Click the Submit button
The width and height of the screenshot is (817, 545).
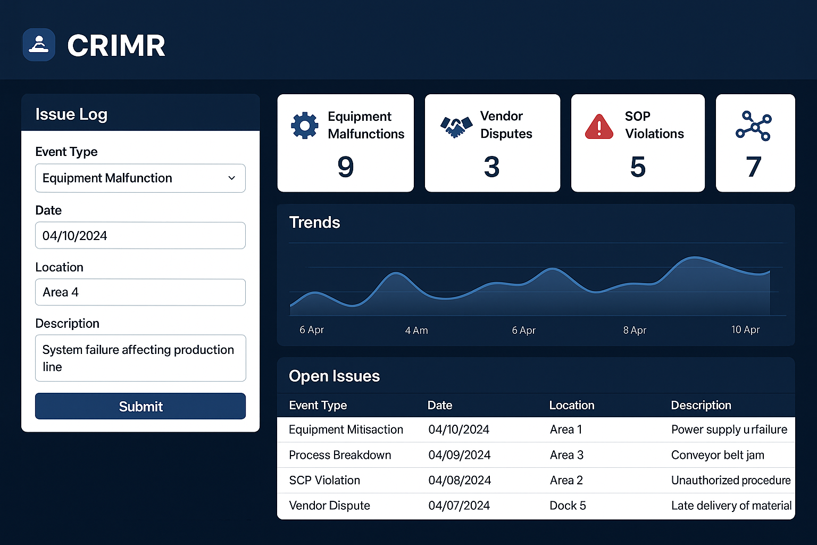[140, 406]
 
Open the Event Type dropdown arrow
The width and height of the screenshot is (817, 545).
[231, 178]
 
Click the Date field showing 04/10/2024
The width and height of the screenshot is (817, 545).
[140, 235]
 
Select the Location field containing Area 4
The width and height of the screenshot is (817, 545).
[140, 292]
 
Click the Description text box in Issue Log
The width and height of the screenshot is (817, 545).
[140, 358]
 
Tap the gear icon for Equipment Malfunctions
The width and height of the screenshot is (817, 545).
[305, 125]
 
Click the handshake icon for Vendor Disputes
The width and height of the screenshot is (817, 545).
[456, 127]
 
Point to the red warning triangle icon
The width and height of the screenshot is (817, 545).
[599, 127]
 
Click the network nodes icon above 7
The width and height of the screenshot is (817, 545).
[754, 126]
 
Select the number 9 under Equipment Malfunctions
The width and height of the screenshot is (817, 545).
[345, 167]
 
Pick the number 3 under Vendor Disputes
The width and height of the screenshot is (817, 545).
[491, 167]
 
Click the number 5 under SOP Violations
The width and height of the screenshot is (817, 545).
[638, 167]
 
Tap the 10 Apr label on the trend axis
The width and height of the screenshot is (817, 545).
[745, 329]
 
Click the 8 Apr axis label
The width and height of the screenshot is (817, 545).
[635, 330]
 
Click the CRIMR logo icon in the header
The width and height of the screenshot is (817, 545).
[39, 45]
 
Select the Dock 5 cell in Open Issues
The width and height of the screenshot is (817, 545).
[568, 506]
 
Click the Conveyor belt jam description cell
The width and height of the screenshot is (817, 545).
[718, 455]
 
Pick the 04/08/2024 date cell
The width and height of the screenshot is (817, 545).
[460, 481]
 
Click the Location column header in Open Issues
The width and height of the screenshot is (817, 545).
[572, 405]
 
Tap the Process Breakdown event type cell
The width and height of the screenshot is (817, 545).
[340, 455]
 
